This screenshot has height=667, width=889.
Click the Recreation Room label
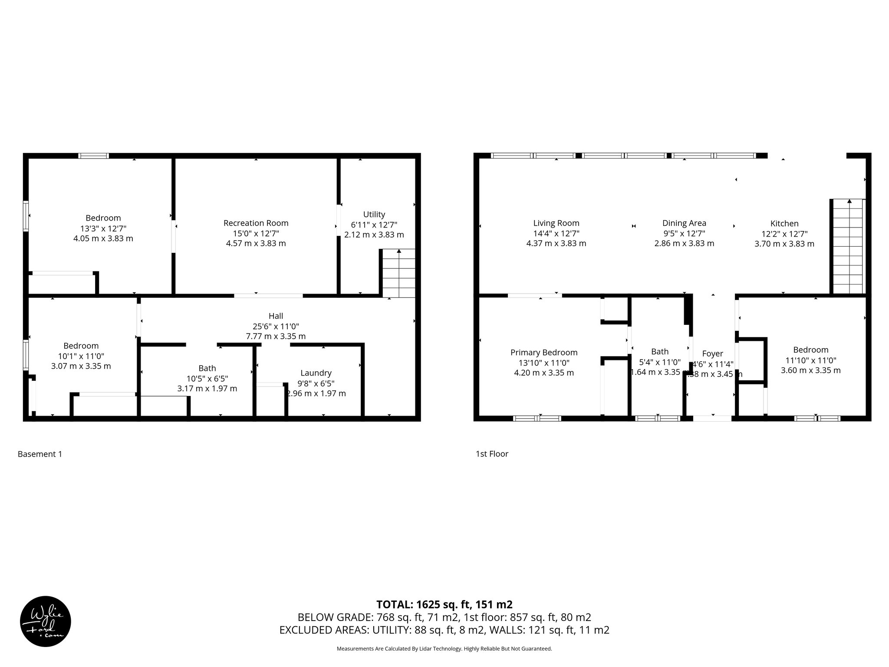(x=256, y=223)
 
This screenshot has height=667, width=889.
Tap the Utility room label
(x=374, y=215)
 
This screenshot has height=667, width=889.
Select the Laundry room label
(x=316, y=373)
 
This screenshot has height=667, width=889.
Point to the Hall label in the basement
(x=276, y=316)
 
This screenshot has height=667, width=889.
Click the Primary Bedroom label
(x=543, y=353)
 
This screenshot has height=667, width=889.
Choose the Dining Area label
(x=684, y=223)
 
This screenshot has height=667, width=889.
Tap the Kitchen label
(x=784, y=224)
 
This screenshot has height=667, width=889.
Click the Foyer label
(x=712, y=354)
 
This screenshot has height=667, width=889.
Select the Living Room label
(x=556, y=223)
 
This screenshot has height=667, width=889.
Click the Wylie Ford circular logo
(x=46, y=621)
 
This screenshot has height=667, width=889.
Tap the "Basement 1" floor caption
(x=40, y=454)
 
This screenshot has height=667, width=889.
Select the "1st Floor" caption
(x=492, y=454)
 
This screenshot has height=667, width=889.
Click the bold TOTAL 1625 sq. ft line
(x=444, y=604)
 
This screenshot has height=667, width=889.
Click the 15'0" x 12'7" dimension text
(x=256, y=234)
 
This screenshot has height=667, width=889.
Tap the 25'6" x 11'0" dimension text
(x=276, y=327)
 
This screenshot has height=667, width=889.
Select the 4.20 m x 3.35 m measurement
(x=543, y=373)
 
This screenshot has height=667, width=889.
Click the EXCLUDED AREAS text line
(x=444, y=630)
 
